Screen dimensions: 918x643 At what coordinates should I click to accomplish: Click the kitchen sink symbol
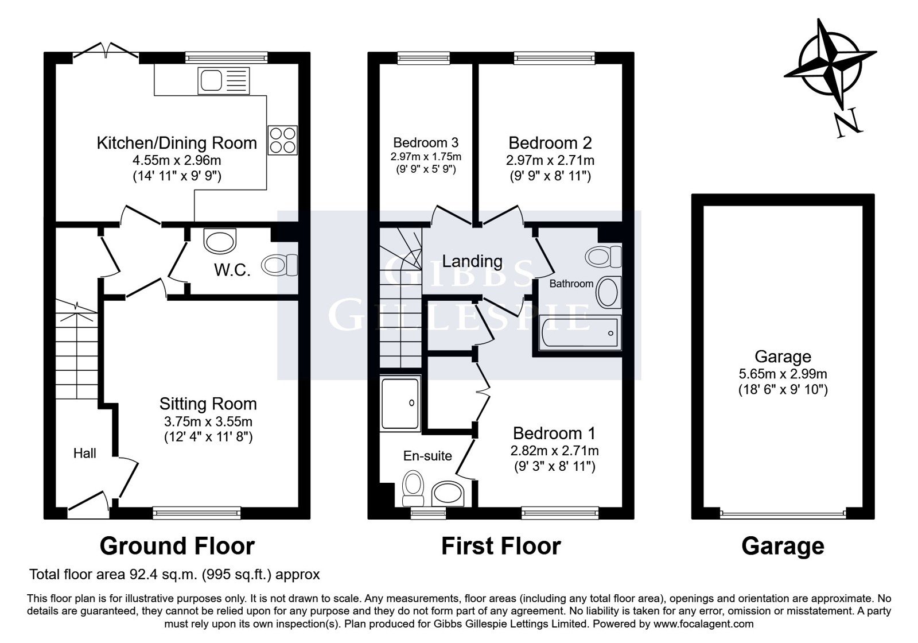pos(223,80)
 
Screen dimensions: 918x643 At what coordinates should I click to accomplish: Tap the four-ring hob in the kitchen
pos(282,140)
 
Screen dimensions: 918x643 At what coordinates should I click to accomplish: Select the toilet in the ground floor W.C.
pos(281,265)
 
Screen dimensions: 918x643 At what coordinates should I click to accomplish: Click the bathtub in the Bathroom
pos(579,332)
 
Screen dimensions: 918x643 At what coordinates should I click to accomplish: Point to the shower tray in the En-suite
pos(400,404)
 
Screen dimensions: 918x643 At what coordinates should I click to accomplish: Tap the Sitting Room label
pos(208,404)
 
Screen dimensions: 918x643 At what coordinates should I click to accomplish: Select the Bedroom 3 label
pos(426,143)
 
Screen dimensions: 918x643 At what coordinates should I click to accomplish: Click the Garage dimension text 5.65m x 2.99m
pos(783,374)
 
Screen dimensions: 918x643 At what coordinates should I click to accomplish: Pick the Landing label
pos(472,261)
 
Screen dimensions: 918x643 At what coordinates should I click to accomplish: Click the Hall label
pos(84,453)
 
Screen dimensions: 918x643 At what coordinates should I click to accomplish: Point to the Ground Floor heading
pos(177,546)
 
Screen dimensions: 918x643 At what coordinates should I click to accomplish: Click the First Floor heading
pos(501,546)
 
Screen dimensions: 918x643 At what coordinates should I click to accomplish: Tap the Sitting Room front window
pos(197,513)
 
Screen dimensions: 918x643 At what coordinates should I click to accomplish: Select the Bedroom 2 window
pos(554,58)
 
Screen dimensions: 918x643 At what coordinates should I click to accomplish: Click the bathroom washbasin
pos(608,292)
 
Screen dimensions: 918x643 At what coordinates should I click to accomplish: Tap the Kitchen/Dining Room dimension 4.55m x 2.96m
pos(177,160)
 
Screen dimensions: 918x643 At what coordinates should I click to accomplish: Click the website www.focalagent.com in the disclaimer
pos(703,624)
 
